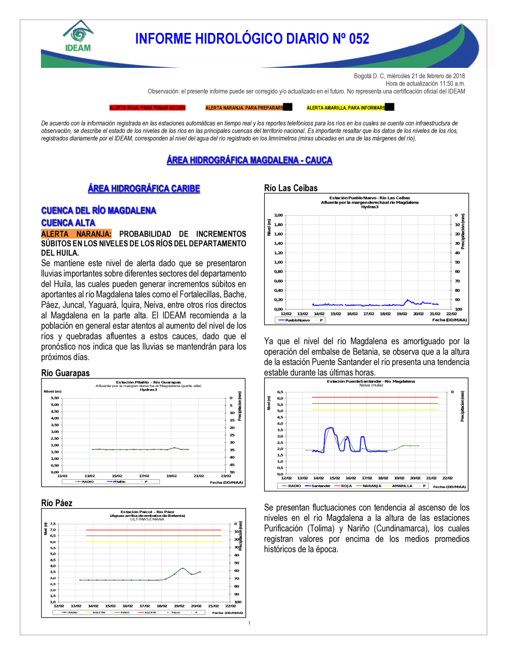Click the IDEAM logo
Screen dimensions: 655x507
(78, 36)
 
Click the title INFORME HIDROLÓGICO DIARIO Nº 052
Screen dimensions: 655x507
(252, 39)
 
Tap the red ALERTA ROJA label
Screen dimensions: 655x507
(148, 108)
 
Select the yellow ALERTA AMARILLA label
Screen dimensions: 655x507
(346, 108)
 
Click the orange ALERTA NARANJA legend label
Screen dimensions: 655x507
(244, 108)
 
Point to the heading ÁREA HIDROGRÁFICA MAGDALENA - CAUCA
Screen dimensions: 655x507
(249, 161)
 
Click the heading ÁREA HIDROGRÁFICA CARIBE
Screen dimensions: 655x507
(144, 189)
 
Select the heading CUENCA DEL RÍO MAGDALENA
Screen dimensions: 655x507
(99, 211)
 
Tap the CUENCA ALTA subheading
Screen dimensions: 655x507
(68, 223)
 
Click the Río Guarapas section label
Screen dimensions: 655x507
(65, 373)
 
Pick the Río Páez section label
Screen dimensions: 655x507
(57, 503)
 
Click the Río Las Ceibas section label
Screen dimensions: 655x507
(291, 188)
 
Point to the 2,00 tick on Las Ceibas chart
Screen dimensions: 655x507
(278, 215)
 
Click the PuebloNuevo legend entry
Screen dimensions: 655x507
(297, 320)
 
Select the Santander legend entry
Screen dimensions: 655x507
(320, 486)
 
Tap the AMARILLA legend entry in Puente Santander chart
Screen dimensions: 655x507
(402, 486)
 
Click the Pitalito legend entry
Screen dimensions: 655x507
(119, 482)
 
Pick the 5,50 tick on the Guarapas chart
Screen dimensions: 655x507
(55, 398)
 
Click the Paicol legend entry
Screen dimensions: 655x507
(175, 612)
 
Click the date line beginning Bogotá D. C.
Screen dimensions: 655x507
(409, 76)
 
